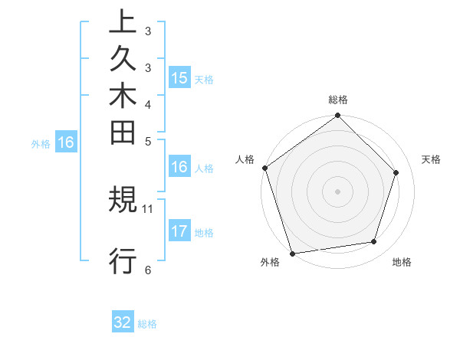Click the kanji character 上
point(123,23)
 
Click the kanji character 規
point(123,201)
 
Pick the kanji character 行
point(123,260)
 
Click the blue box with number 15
point(179,77)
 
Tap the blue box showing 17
point(179,231)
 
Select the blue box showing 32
point(123,322)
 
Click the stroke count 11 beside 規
point(148,208)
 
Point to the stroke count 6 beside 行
point(147,269)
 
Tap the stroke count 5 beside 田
point(147,141)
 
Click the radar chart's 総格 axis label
point(338,100)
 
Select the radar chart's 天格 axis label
point(431,159)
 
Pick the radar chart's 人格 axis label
point(245,159)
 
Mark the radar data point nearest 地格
point(374,242)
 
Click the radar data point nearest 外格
point(292,254)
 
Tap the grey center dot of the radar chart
point(338,191)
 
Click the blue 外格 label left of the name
point(41,142)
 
